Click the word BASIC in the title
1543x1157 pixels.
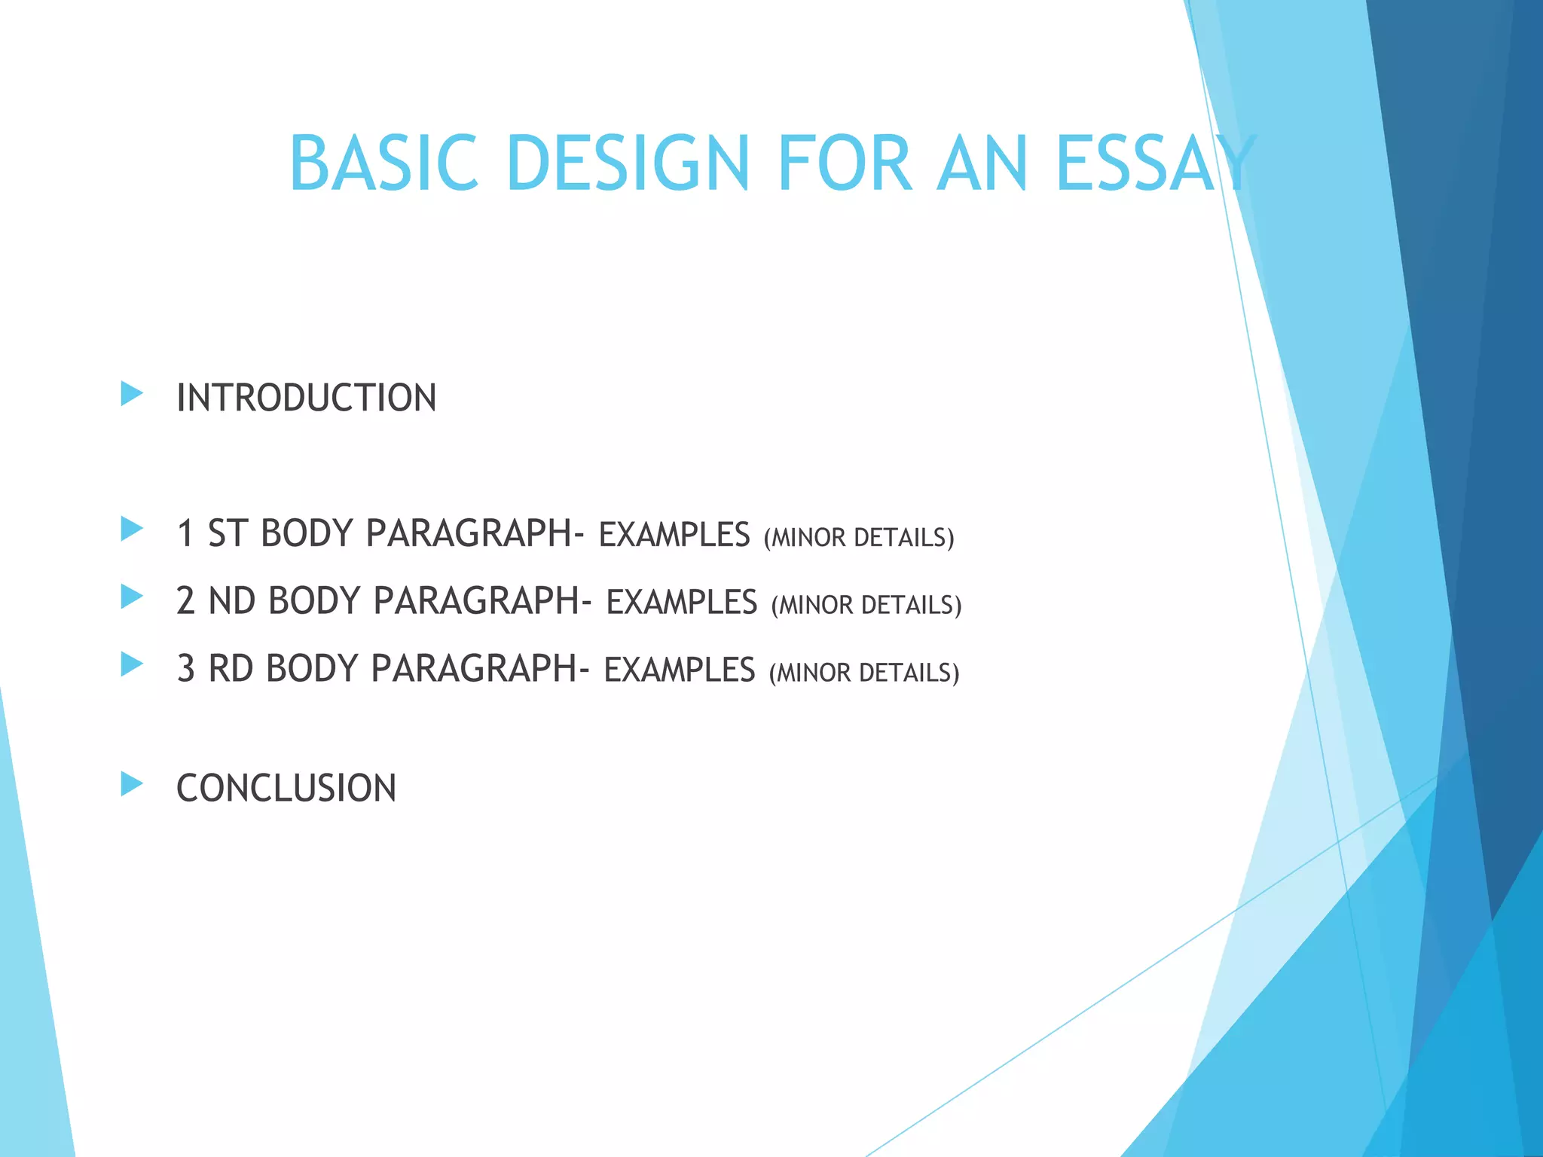pos(383,163)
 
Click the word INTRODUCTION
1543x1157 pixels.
pos(306,398)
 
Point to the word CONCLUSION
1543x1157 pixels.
pos(286,789)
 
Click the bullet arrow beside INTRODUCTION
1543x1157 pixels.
pos(132,393)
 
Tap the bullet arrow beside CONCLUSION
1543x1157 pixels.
pos(132,784)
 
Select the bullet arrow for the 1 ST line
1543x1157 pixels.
pos(132,529)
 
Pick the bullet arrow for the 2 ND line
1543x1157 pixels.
pos(132,597)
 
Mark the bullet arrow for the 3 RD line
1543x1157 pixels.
pos(132,664)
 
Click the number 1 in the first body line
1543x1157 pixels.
pos(185,534)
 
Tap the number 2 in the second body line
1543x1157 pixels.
pos(185,601)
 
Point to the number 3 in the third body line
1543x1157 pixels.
pos(185,669)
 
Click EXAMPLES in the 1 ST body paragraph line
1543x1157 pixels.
pos(674,536)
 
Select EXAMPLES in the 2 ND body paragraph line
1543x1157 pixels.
pos(682,603)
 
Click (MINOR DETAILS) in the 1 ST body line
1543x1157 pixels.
pos(859,538)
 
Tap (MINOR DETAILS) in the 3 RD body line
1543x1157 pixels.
pos(864,673)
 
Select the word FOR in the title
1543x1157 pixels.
pos(845,163)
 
